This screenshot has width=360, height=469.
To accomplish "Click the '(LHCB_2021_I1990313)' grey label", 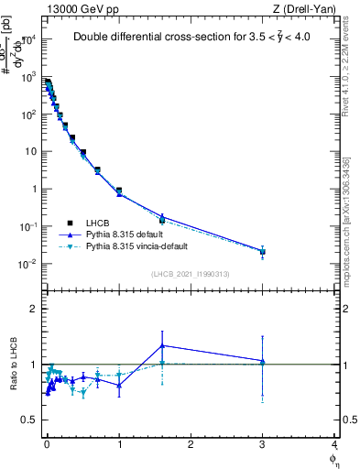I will coord(191,275).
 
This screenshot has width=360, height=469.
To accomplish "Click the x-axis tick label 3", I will coord(263,444).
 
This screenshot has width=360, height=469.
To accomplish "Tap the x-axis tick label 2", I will coord(191,444).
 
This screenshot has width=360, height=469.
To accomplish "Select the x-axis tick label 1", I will coord(119,444).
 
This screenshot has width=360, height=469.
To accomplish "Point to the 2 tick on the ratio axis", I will coord(33,309).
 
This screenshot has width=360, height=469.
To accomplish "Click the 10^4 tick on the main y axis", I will coord(27,39).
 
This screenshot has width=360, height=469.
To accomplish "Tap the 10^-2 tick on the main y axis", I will coord(27,264).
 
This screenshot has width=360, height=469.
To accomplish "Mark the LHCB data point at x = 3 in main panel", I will coord(263,251).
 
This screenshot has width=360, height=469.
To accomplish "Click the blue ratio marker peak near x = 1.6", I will coord(162,345).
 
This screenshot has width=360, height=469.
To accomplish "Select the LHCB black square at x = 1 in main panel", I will coord(119,191).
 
